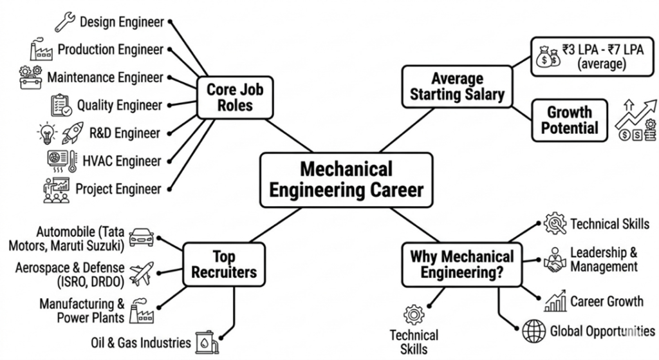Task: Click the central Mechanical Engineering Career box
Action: click(x=346, y=180)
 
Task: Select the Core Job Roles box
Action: click(x=235, y=98)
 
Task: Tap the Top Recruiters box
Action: click(x=224, y=265)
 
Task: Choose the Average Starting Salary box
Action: click(x=458, y=87)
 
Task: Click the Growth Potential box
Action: click(x=570, y=120)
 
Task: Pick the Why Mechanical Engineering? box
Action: click(x=462, y=265)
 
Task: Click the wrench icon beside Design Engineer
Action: click(x=65, y=22)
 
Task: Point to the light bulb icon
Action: click(x=47, y=133)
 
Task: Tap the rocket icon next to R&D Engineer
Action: click(x=73, y=133)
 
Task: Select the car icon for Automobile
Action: click(x=141, y=237)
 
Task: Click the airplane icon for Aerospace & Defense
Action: click(x=142, y=274)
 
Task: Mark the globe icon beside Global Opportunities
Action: click(x=534, y=331)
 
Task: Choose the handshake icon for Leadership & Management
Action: click(x=555, y=260)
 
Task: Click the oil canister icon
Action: click(x=207, y=342)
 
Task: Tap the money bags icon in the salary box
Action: click(x=548, y=57)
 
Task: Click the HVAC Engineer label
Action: click(x=122, y=161)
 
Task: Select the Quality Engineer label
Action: click(x=119, y=105)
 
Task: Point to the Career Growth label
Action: click(x=606, y=301)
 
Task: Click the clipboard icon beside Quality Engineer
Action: click(x=61, y=105)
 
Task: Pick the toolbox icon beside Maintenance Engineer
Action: click(x=31, y=77)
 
